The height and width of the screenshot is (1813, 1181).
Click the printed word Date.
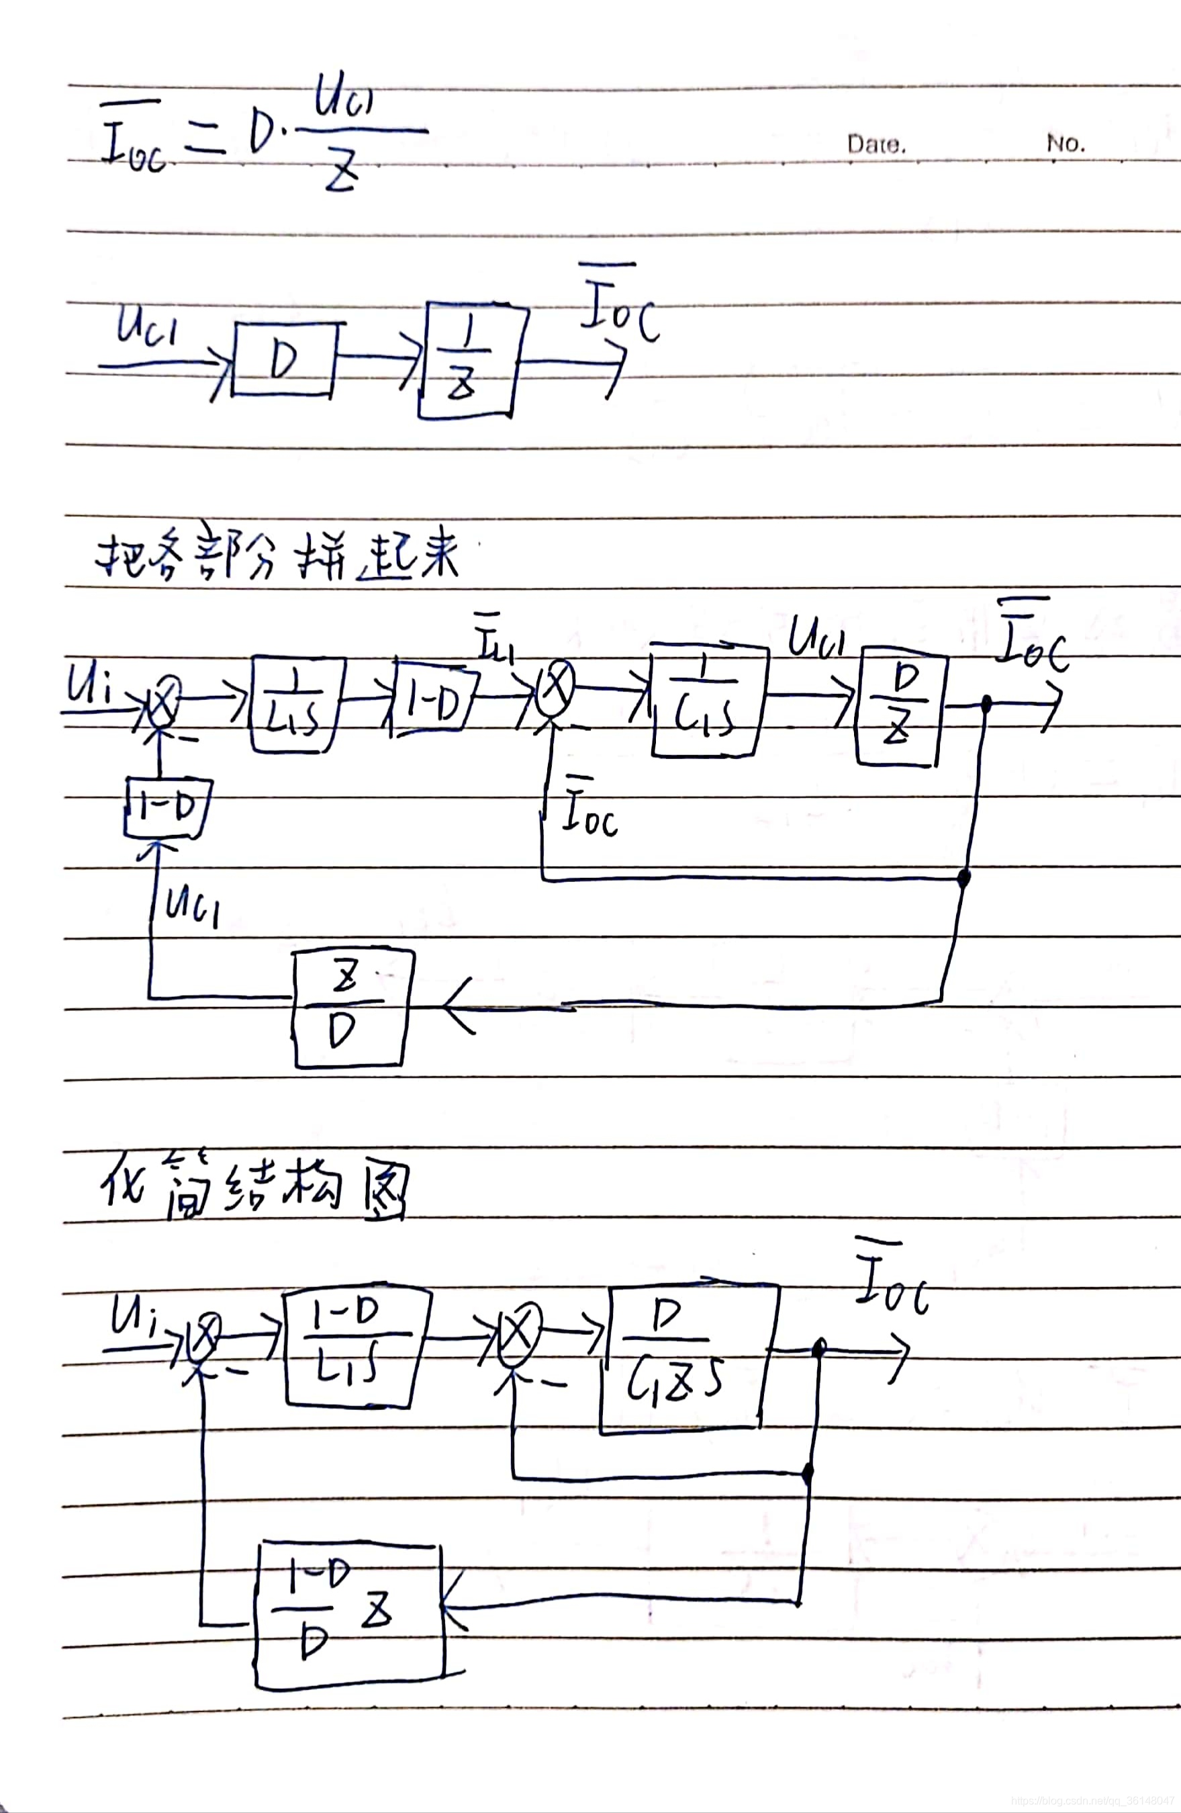click(876, 144)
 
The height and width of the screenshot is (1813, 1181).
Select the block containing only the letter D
click(284, 359)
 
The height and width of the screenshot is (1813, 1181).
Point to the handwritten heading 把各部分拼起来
click(279, 557)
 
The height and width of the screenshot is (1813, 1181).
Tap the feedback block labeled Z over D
click(351, 1007)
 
